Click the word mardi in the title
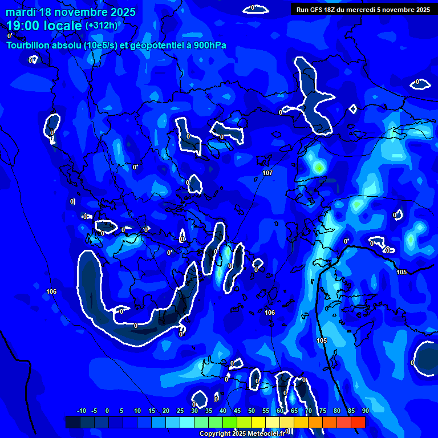coord(21,12)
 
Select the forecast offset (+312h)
coord(102,26)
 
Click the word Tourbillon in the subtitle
coord(29,44)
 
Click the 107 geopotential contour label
coord(267,173)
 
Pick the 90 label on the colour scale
coord(365,411)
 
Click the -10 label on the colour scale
coord(81,411)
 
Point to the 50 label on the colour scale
coord(251,411)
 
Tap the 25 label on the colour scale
coord(180,411)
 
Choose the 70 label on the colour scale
coord(308,411)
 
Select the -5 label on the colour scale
coord(94,411)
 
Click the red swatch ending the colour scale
coord(358,422)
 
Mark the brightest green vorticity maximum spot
coord(318,168)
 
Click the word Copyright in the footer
coord(215,434)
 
